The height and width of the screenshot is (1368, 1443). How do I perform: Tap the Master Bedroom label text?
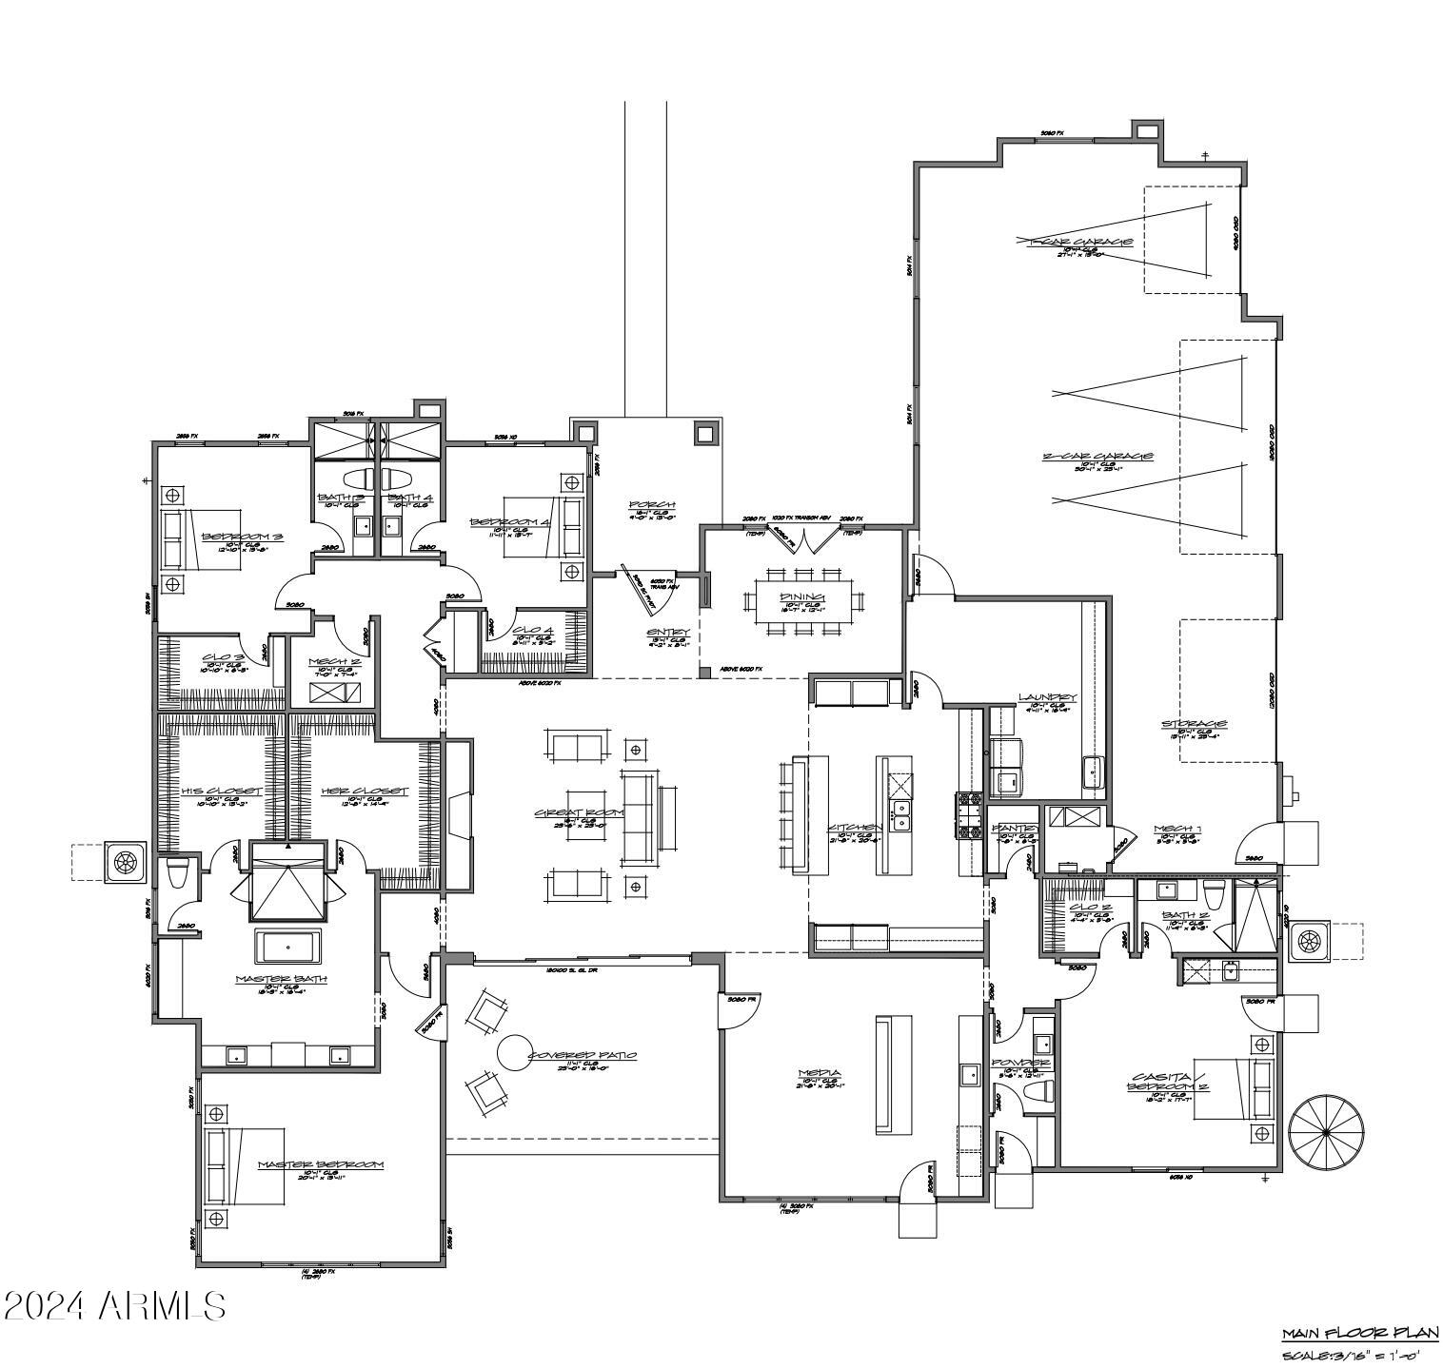(x=320, y=1164)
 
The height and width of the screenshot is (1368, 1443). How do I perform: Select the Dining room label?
(x=800, y=596)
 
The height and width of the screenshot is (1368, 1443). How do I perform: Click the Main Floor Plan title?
(x=1358, y=1333)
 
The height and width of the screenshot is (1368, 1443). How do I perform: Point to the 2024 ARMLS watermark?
(x=114, y=1306)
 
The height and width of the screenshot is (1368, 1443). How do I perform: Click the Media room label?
(x=818, y=1074)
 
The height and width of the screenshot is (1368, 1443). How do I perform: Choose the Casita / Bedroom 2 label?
(x=1168, y=1084)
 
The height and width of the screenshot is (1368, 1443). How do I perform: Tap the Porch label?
(x=652, y=504)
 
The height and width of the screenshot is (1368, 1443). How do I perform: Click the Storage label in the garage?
(x=1194, y=724)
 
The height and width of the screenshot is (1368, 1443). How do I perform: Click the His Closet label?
(x=221, y=791)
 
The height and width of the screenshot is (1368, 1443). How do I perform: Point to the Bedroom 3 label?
(x=236, y=537)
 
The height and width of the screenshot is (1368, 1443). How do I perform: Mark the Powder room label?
(x=1020, y=1062)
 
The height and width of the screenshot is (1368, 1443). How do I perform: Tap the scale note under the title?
(x=1360, y=1355)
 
